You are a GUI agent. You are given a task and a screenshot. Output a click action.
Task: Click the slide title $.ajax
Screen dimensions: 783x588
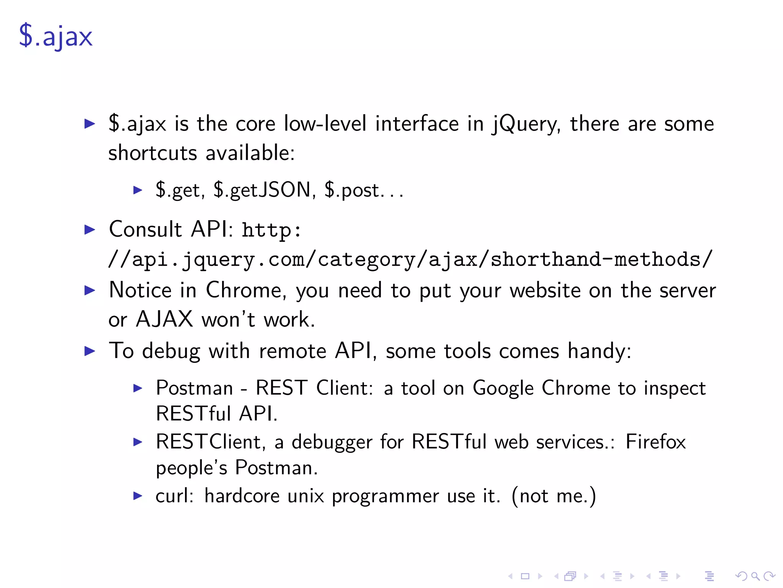click(56, 37)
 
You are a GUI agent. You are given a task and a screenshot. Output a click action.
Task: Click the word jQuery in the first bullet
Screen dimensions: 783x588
click(526, 124)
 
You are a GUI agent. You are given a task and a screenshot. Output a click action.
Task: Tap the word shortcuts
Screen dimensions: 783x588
click(153, 153)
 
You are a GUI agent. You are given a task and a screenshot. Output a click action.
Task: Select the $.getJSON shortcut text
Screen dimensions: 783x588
click(262, 190)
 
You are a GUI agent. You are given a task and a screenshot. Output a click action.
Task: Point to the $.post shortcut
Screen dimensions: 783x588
click(352, 190)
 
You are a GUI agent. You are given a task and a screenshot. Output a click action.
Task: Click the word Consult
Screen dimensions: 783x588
click(145, 229)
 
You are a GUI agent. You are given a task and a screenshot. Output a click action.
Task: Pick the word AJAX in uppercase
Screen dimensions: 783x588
click(164, 319)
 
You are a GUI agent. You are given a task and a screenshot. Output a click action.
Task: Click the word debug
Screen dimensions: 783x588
click(171, 351)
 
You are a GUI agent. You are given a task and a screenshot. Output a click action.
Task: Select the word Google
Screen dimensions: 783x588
click(503, 388)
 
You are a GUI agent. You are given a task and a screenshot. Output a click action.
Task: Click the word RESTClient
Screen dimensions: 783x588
click(208, 442)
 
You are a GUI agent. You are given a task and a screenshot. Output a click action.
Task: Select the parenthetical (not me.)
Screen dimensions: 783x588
click(554, 496)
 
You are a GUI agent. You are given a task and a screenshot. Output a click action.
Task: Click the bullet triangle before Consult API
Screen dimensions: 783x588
click(89, 230)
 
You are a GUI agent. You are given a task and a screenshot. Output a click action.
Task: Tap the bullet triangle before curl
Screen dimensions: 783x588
click(138, 496)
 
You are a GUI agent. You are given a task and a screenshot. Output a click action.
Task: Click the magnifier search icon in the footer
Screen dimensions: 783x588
click(755, 576)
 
